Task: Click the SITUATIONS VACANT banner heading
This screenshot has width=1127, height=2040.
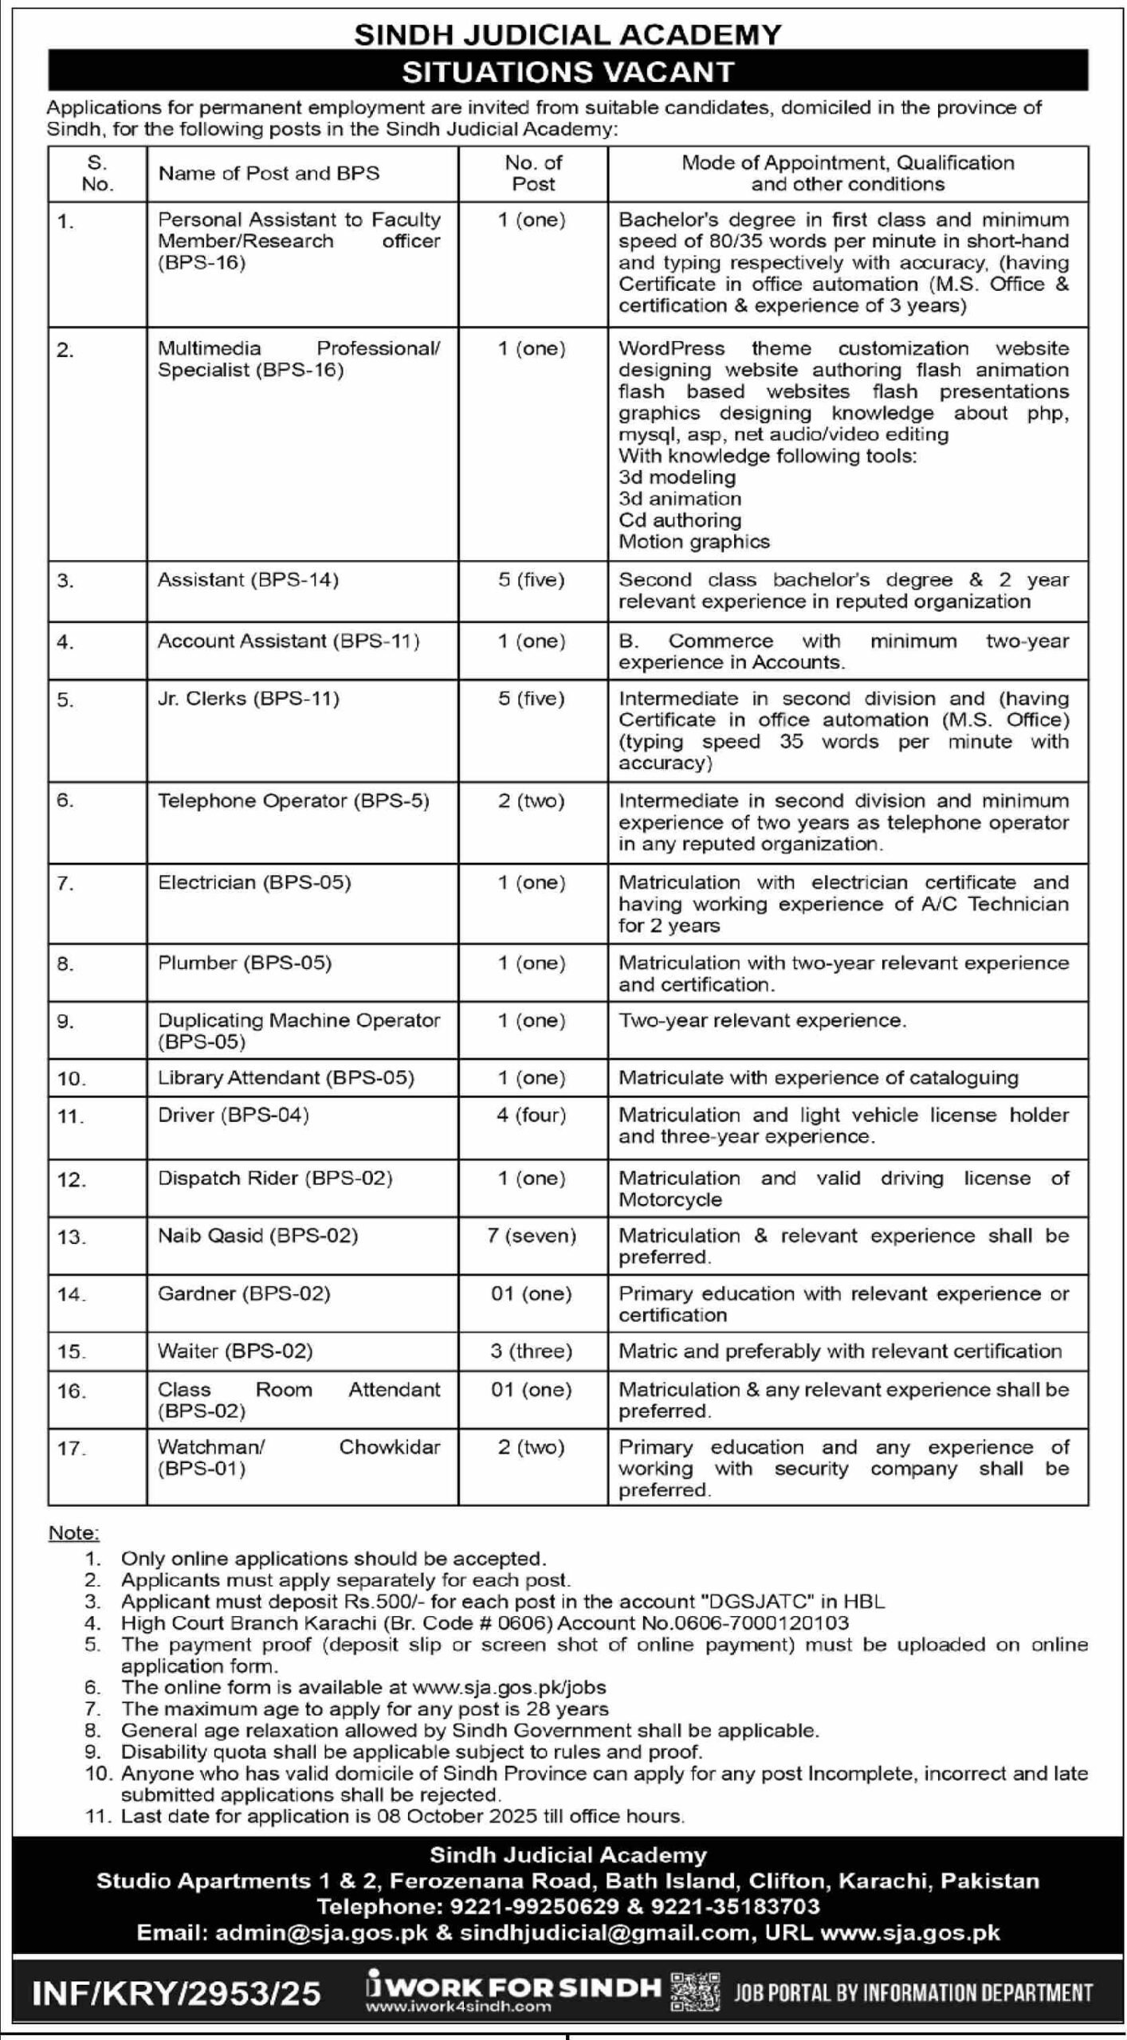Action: point(567,73)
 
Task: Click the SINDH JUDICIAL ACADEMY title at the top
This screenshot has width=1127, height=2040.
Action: point(567,34)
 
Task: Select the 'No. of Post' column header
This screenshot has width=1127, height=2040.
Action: point(532,174)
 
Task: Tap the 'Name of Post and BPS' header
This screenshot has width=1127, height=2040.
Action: point(269,174)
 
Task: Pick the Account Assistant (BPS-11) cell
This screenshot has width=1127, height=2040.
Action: point(288,641)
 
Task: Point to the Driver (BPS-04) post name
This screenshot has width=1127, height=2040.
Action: point(233,1115)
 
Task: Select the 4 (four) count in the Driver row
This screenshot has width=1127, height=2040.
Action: point(532,1115)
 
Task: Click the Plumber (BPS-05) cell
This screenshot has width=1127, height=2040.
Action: point(244,963)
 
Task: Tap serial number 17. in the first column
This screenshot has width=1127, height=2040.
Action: point(72,1448)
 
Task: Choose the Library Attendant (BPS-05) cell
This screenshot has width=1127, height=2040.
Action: point(285,1078)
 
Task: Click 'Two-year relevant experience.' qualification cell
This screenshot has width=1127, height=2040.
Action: point(762,1021)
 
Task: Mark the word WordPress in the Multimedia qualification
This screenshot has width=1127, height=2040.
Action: point(671,349)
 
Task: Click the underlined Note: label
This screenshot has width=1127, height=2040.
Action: point(74,1533)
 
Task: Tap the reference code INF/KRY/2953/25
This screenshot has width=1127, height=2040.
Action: point(176,1994)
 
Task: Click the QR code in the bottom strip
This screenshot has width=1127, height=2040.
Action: point(695,1990)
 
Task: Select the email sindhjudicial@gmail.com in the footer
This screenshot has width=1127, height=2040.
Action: point(605,1932)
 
